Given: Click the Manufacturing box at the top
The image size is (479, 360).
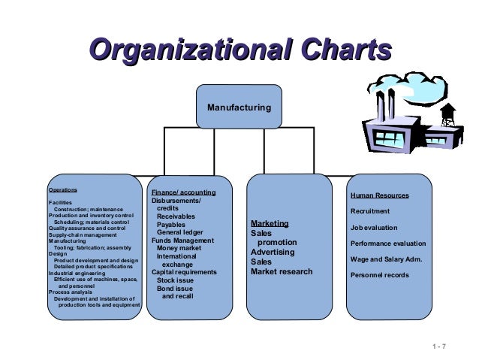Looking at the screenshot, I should [239, 107].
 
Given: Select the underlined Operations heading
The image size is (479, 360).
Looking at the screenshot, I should [62, 190].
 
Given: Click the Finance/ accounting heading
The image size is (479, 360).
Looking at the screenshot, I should [183, 192].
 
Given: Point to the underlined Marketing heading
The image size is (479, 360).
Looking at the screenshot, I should [270, 224].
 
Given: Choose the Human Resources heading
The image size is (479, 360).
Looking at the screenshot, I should [379, 195].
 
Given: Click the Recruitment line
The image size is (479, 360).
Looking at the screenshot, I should [370, 211].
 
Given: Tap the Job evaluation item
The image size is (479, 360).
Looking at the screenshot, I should [374, 227].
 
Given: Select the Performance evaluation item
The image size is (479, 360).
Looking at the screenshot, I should [387, 244].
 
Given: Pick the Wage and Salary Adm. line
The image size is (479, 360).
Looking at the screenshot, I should [386, 259].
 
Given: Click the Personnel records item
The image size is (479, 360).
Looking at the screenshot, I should [379, 275].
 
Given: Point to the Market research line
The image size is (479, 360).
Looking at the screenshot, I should [282, 271].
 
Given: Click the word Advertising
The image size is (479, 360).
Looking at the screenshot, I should [273, 253].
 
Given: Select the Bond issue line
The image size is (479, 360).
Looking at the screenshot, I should [174, 289].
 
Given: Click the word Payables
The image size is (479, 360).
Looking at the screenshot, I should [171, 224].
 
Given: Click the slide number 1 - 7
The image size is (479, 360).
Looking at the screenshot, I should [439, 346].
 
